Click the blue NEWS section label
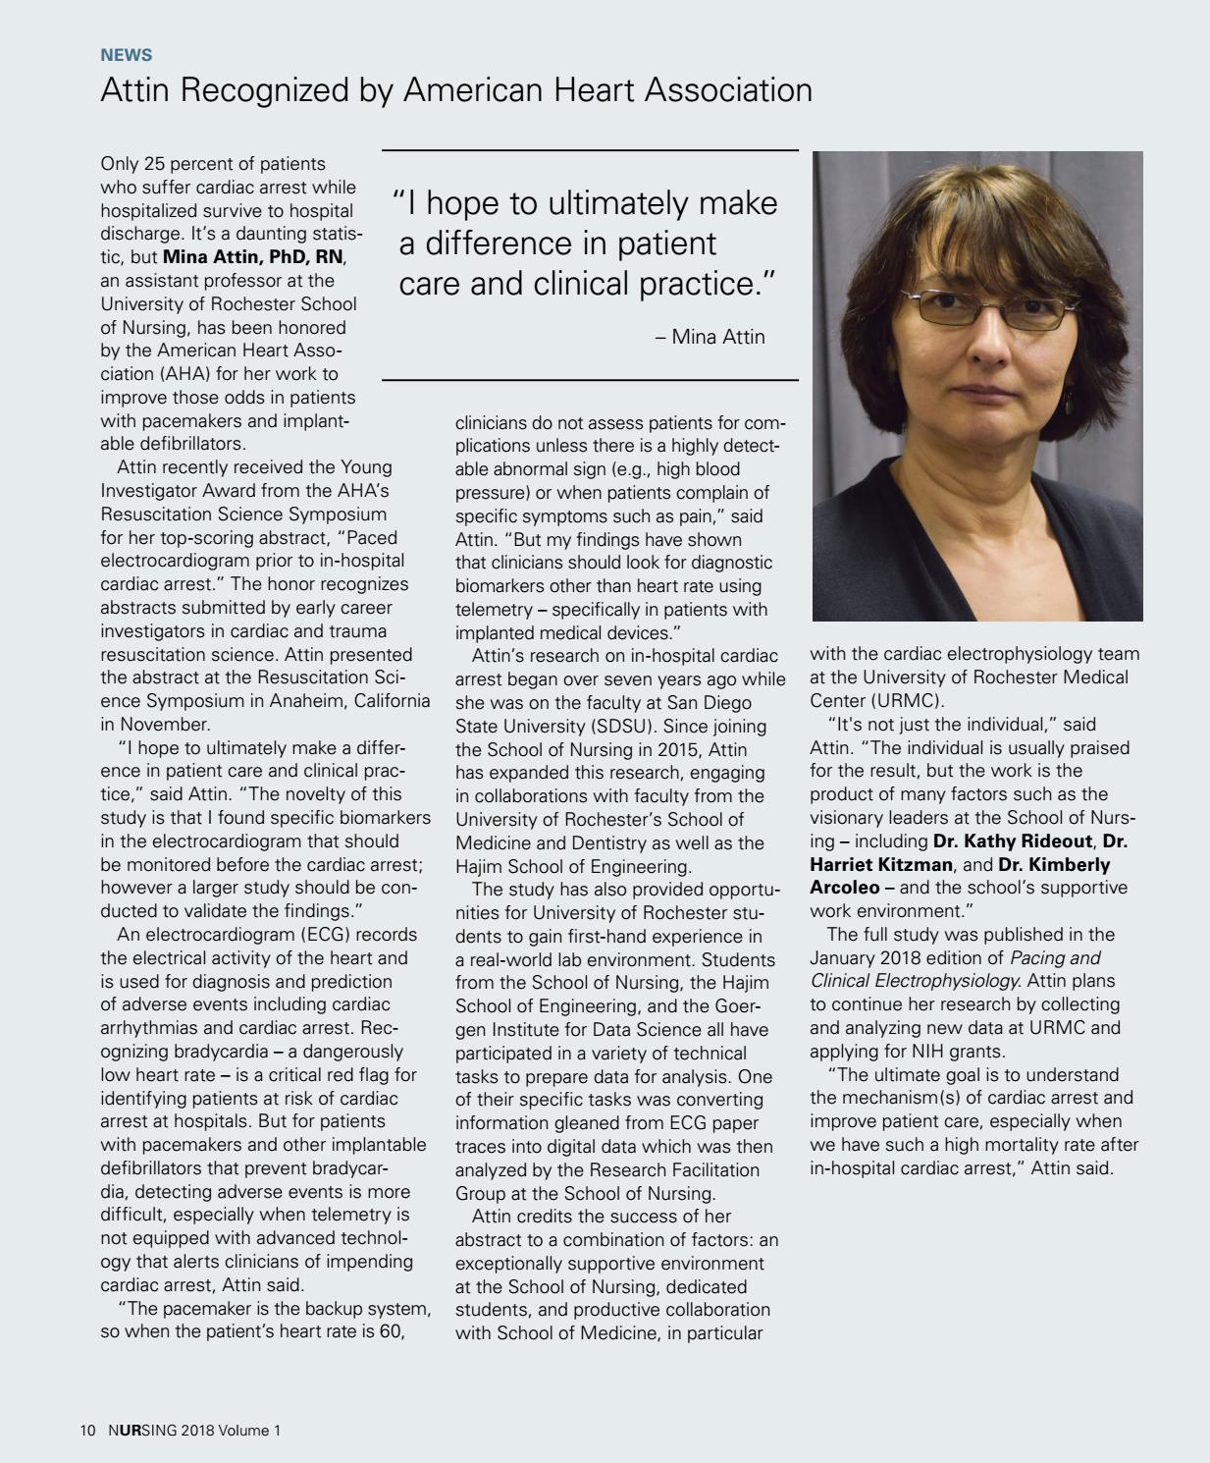tap(126, 55)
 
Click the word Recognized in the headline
tap(265, 90)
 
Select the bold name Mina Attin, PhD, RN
tap(253, 257)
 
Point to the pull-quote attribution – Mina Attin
tap(710, 337)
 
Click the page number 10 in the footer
tap(88, 1431)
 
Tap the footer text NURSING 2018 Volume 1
tap(194, 1431)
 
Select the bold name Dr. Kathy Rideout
tap(1012, 841)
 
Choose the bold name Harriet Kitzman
tap(881, 865)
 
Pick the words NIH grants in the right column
tap(955, 1052)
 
